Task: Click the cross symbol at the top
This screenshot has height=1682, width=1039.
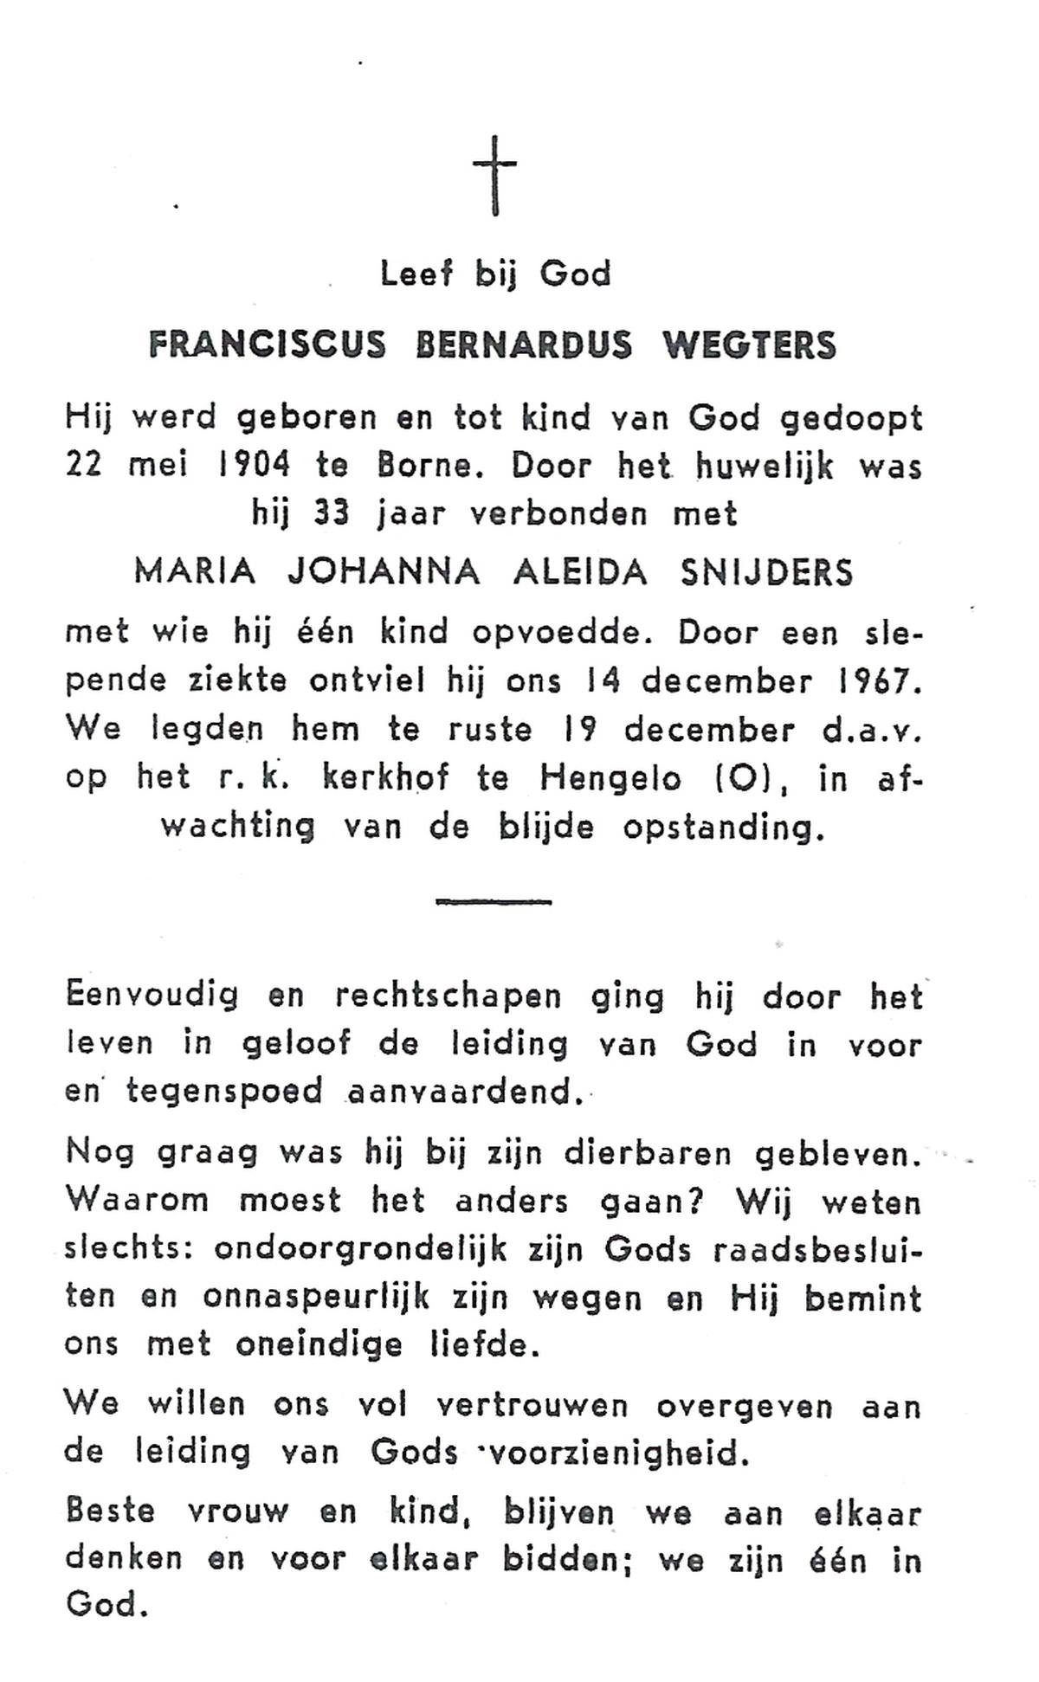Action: point(494,175)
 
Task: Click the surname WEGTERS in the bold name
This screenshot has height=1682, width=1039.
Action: point(749,346)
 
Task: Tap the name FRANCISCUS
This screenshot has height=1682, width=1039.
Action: point(267,346)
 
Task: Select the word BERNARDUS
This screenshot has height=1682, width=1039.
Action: point(524,346)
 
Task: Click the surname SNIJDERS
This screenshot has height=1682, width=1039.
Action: point(766,573)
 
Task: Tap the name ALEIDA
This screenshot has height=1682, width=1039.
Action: point(580,573)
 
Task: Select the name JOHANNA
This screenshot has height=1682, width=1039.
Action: point(384,573)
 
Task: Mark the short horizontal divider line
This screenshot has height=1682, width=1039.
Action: point(494,902)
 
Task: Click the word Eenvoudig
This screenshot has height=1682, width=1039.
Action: point(152,997)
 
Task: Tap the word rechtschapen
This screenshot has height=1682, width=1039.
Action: point(449,997)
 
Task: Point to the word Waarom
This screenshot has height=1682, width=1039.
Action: point(137,1201)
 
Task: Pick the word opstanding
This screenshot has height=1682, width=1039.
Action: point(719,828)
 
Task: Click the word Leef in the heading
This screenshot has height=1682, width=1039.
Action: point(416,274)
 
